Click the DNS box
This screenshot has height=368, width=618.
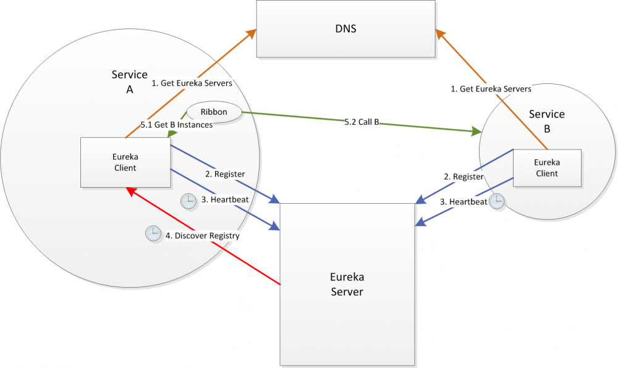pos(346,29)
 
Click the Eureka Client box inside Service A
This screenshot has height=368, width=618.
pos(125,162)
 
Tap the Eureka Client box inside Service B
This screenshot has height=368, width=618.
pos(546,167)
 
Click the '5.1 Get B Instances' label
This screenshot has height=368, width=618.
pos(176,125)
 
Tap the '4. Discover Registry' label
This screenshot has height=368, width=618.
pos(202,235)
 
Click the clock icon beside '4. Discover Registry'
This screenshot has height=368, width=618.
pos(152,233)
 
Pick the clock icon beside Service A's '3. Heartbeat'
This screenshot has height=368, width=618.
pos(187,200)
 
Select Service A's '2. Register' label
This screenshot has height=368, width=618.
pos(225,174)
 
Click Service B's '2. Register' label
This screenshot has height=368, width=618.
pos(463,177)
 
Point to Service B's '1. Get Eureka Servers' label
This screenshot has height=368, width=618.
pos(491,89)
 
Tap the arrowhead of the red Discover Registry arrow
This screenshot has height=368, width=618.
pos(129,191)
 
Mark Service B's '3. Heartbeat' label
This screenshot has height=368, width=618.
pos(463,202)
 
